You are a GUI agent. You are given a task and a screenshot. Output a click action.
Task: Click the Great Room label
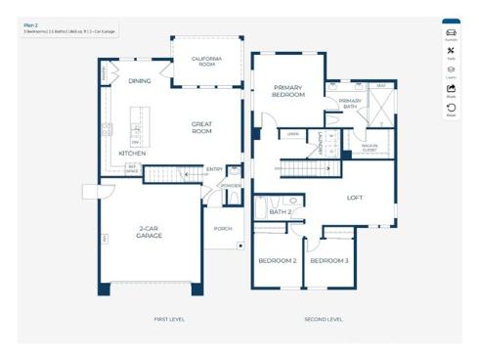point(201,127)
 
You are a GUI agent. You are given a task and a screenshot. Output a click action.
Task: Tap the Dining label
point(140,81)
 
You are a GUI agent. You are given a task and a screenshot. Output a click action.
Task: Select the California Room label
point(207,62)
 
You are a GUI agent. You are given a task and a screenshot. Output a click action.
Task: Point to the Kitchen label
point(133,154)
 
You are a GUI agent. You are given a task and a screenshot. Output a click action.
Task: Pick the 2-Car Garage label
point(150,234)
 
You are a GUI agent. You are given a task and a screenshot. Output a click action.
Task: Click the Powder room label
point(232,185)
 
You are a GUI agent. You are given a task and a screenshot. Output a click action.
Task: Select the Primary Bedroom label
point(288,92)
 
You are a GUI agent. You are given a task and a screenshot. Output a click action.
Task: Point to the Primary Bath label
point(350,104)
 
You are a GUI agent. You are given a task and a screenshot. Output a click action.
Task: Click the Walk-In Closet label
point(369,149)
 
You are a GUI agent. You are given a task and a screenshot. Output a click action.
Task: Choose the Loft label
point(355,198)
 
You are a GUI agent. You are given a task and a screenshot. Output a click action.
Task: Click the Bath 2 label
point(281,212)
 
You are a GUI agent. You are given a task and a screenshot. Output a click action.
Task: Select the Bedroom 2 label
point(277,261)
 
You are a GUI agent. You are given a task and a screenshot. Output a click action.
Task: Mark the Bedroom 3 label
point(328,261)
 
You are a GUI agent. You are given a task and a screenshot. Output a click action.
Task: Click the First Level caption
point(169,320)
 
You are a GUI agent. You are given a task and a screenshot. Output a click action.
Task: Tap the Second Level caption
point(323,320)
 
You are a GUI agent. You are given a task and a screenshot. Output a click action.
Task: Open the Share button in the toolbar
point(451,91)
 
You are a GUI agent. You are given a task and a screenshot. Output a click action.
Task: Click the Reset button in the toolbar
point(451,111)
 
